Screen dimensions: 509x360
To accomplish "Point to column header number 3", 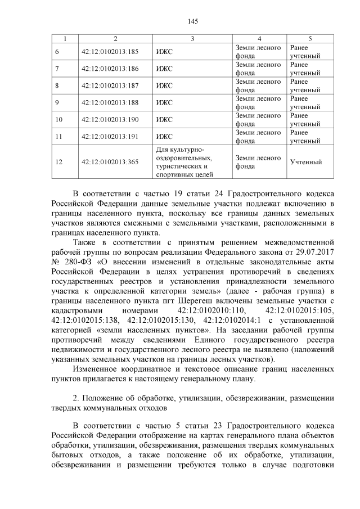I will coord(192,38).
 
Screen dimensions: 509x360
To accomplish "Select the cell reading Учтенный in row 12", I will coord(306,163).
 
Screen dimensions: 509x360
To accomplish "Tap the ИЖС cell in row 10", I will coord(164,120).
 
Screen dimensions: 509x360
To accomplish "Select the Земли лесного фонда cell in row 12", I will coord(258,163).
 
